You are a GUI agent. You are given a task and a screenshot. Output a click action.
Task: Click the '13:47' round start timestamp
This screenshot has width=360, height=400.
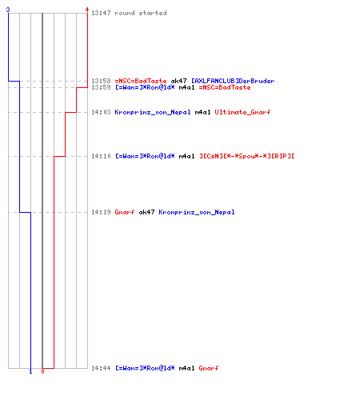point(101,13)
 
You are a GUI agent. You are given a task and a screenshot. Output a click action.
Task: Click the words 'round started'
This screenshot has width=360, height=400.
point(141,13)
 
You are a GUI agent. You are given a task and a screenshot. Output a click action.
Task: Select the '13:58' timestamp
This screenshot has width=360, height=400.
point(101,81)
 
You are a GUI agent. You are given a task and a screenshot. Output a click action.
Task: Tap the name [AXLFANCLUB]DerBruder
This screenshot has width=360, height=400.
point(233,81)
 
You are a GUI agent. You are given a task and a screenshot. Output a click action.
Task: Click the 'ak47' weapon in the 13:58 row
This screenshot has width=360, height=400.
point(178,81)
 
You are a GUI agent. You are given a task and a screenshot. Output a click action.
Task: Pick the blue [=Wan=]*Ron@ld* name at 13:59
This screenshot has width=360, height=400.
point(145,87)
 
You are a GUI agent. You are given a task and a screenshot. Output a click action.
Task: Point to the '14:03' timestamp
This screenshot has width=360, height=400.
point(101,112)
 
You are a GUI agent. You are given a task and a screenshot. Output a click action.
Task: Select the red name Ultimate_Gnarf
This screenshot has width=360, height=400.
point(242,112)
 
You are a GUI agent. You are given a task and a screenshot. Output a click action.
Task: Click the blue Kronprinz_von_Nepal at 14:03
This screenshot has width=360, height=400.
point(153,112)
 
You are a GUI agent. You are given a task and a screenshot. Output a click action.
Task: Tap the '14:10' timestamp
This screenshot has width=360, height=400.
point(101,156)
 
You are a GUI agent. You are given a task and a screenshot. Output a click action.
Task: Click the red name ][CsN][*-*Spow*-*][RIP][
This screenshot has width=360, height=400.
point(247,156)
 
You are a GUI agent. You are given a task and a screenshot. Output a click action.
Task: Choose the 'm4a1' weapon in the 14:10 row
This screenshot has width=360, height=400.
point(186,156)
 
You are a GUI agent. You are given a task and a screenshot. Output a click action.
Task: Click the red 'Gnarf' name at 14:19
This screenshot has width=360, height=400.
point(125,212)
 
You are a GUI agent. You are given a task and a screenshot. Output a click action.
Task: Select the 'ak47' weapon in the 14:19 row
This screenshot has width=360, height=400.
point(146,212)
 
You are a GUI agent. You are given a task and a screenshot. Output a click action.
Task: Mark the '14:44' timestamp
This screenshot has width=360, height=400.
point(101,368)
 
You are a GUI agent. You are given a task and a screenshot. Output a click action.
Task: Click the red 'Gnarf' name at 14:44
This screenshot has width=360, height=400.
point(209,368)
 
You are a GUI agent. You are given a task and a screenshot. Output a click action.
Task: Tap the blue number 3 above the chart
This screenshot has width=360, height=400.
point(8,10)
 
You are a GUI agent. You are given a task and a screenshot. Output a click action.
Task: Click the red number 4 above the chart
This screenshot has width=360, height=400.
point(87,10)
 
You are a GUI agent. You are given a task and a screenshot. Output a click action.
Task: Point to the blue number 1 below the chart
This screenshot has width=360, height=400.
point(30,371)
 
